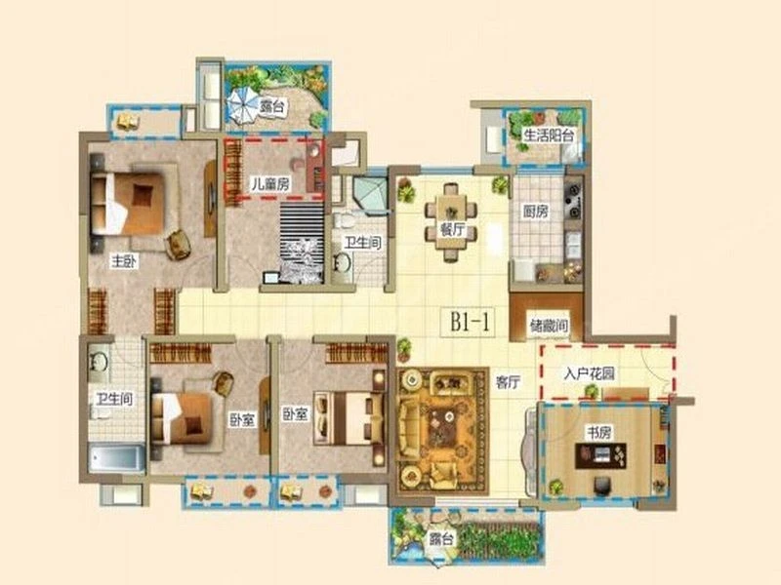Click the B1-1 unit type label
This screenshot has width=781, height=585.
tap(471, 322)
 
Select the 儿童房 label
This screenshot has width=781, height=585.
tap(270, 184)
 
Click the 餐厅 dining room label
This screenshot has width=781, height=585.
tap(452, 230)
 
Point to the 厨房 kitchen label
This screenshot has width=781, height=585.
tap(535, 212)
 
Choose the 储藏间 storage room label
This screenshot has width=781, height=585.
tap(549, 326)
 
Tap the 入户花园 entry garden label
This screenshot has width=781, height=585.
tap(590, 373)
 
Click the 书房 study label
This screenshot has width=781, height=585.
tap(599, 433)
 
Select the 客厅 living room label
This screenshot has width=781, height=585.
tap(508, 382)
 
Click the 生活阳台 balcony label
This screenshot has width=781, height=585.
tap(549, 135)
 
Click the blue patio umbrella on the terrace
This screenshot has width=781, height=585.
tap(242, 105)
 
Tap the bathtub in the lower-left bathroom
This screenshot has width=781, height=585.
tap(116, 458)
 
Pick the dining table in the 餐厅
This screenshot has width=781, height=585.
tap(451, 222)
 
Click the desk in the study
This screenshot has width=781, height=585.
tap(600, 456)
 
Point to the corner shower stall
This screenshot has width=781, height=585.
tap(370, 195)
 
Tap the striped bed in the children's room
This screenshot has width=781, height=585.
tap(302, 243)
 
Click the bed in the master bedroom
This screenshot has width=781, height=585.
tap(129, 203)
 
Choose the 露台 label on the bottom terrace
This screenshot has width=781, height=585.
tap(441, 538)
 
